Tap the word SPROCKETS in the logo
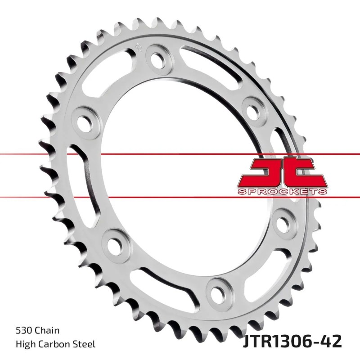281,192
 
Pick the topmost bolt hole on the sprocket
158,58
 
